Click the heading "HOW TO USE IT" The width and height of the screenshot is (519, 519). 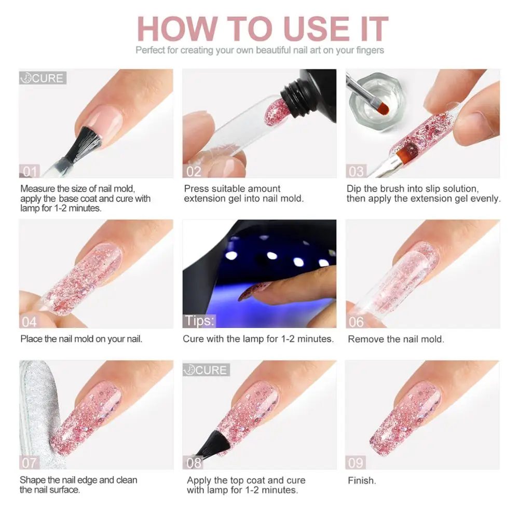tap(262, 29)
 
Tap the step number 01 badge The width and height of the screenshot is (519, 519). tap(29, 171)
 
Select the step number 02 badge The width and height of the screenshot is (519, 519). tap(193, 171)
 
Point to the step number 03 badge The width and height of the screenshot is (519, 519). tap(357, 171)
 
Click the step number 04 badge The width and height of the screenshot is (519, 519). tap(29, 321)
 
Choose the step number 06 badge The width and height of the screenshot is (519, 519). tap(357, 321)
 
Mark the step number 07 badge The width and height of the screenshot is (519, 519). tap(29, 462)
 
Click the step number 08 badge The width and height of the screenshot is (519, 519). tap(193, 462)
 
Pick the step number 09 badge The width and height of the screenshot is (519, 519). tap(357, 462)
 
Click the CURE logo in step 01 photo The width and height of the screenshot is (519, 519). tap(43, 78)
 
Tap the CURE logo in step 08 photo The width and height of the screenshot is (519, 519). tap(206, 370)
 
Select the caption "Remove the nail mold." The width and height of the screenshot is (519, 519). tap(395, 339)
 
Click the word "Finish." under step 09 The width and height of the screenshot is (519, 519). tap(362, 481)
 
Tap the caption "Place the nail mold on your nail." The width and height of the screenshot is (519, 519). tap(81, 339)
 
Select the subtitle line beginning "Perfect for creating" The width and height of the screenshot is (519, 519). tap(259, 50)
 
